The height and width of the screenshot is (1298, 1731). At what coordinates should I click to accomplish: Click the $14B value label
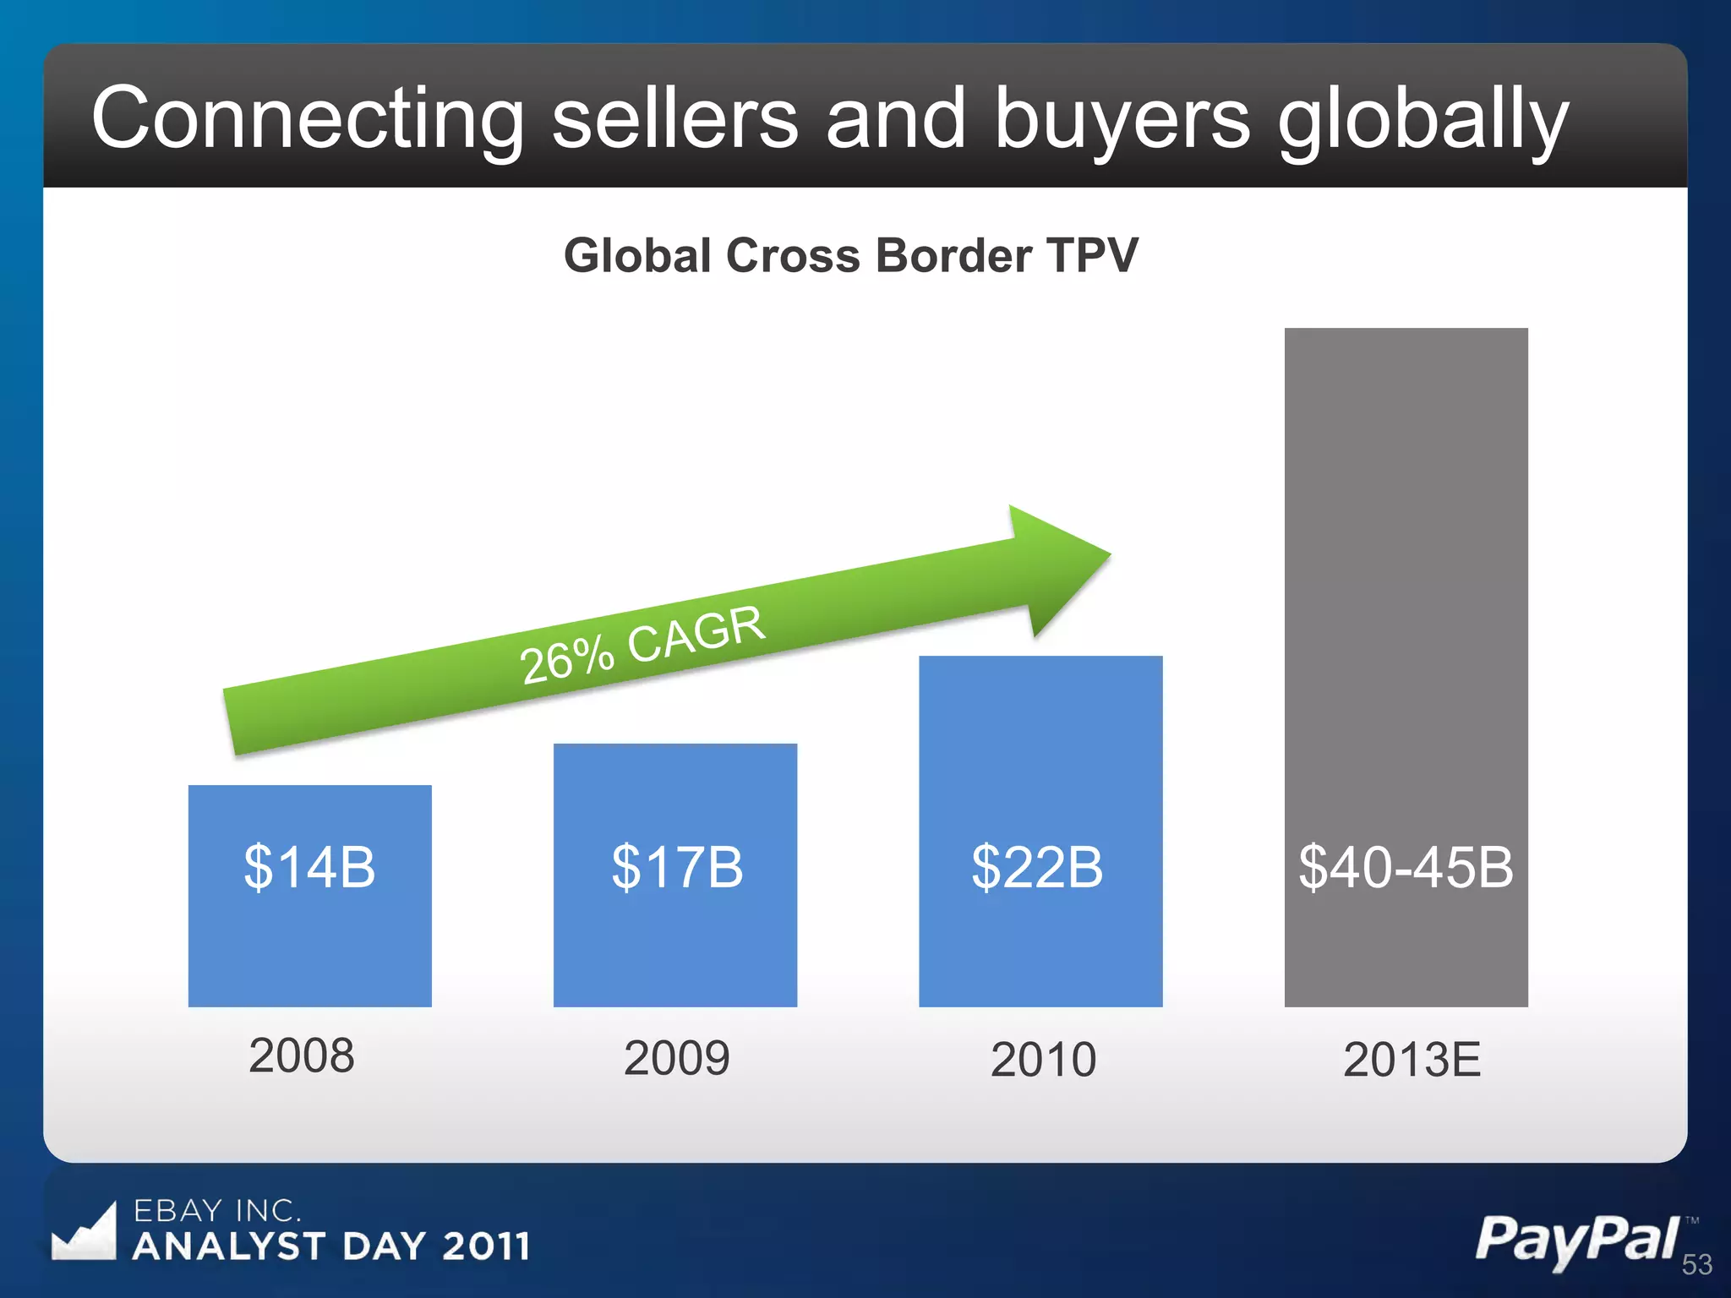(x=309, y=867)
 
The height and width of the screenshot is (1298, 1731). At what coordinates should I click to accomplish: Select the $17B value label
(x=676, y=867)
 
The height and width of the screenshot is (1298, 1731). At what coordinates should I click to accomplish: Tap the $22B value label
(x=1037, y=867)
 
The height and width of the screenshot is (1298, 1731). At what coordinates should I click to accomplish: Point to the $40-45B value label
(x=1406, y=867)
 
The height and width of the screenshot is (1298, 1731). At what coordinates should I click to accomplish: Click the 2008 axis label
(x=302, y=1056)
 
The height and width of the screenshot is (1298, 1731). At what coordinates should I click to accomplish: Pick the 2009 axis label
(x=676, y=1058)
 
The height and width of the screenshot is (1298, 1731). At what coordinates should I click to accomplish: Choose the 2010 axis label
(x=1043, y=1060)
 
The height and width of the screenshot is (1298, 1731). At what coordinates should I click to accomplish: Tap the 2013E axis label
(x=1412, y=1060)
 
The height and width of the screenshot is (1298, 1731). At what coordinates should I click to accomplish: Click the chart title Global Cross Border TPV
(x=851, y=255)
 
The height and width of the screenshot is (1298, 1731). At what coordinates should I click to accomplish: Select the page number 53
(x=1696, y=1265)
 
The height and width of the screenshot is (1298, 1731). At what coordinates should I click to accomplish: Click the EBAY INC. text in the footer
(x=217, y=1211)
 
